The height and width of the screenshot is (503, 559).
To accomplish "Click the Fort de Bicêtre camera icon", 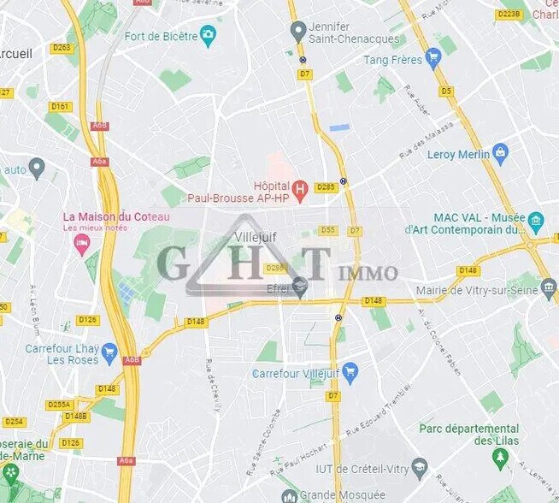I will [x=208, y=36].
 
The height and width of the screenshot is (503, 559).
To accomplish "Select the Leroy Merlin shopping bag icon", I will [x=501, y=154].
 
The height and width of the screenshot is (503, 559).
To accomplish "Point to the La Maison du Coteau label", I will [x=116, y=216].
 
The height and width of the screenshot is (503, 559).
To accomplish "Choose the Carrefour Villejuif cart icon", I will [x=349, y=373].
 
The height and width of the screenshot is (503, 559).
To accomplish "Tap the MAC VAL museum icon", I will [x=536, y=222].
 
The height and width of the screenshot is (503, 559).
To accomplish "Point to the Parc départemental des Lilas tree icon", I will [x=501, y=460].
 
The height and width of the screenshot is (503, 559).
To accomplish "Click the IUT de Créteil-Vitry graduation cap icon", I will [x=419, y=467].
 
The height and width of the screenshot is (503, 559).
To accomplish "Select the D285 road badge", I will [x=326, y=187].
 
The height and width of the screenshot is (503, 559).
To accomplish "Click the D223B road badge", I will [x=508, y=15].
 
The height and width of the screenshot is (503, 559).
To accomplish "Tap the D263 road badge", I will [x=62, y=48].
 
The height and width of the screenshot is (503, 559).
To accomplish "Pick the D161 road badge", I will [x=60, y=107].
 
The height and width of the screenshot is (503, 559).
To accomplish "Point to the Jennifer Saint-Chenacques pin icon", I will [x=298, y=32].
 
